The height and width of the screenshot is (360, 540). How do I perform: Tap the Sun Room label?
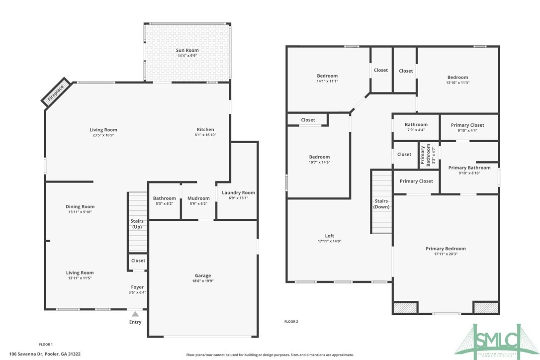tap(187, 50)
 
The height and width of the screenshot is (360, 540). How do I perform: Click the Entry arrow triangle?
tap(135, 314)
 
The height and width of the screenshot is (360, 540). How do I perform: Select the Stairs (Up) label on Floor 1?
tap(137, 224)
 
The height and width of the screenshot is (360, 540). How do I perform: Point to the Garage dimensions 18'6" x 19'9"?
tap(202, 281)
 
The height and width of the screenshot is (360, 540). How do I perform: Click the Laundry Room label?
tap(238, 192)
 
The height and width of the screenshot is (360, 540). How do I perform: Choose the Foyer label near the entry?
tap(137, 287)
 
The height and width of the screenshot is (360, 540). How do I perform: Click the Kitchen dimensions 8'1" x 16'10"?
tap(205, 135)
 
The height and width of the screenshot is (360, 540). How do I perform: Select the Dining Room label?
tap(80, 206)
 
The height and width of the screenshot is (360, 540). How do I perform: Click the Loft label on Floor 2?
tap(330, 236)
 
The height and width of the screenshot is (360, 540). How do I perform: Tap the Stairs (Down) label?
tap(381, 203)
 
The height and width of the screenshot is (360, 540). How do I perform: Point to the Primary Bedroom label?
tap(446, 249)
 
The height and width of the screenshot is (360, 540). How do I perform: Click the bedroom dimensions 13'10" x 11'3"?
tap(457, 83)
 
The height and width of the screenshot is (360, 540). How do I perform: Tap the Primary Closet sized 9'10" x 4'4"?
tap(467, 125)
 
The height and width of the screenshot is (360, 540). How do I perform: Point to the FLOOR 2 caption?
tap(291, 322)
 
